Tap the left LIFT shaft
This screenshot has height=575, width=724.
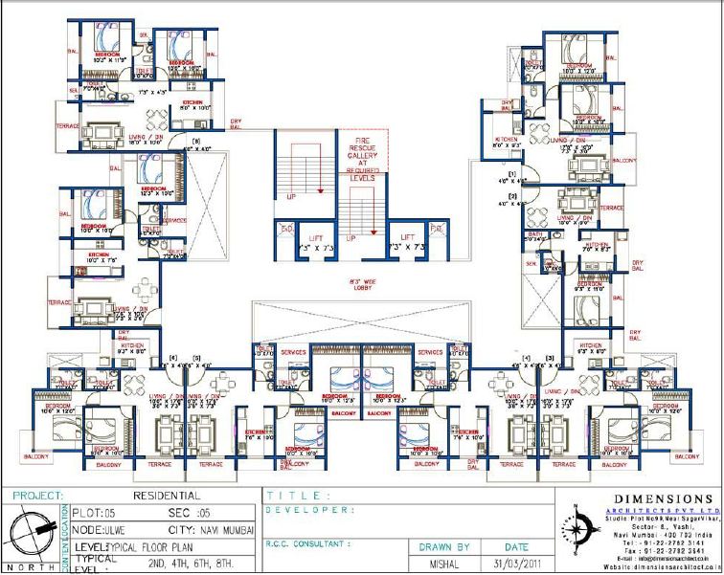315,243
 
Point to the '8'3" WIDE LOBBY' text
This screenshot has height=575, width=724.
362,285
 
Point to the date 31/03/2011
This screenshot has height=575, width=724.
510,564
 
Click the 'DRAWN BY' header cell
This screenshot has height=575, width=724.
444,547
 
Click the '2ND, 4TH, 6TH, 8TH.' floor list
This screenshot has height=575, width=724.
184,564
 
